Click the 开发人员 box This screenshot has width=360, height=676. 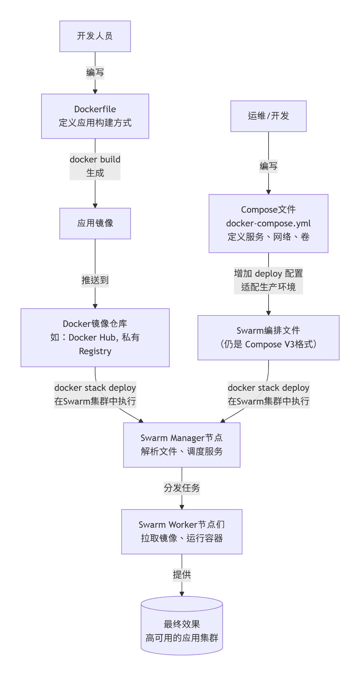(95, 36)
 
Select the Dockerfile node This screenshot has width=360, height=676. (95, 116)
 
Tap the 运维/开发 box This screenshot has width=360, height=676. (268, 116)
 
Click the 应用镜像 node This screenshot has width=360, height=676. (95, 223)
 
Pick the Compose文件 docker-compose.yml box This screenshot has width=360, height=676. (268, 223)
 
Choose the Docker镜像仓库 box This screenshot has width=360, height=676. (95, 337)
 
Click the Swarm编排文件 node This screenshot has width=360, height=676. (268, 337)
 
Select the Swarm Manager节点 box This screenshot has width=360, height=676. (182, 445)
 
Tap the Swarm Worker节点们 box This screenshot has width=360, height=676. (182, 532)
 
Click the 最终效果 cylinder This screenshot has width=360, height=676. (182, 628)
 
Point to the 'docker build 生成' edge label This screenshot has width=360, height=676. (95, 166)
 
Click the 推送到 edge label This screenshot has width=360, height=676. (95, 280)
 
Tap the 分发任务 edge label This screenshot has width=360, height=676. (182, 488)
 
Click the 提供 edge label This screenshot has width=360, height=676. (182, 575)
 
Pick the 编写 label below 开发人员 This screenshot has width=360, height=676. (95, 73)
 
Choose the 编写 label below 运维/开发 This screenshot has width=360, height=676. (268, 166)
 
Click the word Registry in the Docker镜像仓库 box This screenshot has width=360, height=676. (95, 351)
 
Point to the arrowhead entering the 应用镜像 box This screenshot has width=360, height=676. (95, 206)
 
